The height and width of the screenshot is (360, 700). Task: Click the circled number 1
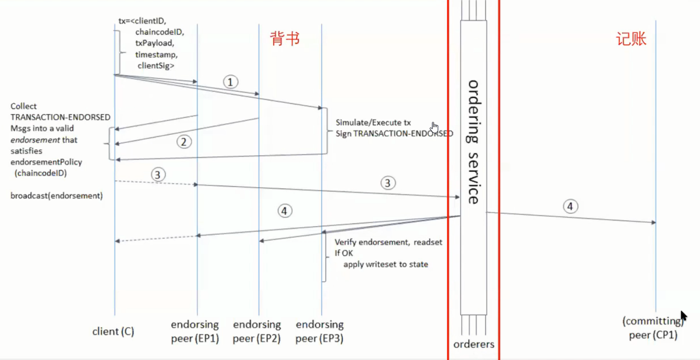[231, 82]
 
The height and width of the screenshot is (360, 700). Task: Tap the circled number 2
[184, 142]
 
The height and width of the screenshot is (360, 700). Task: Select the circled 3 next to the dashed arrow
[158, 175]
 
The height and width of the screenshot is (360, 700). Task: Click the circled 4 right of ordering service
[570, 206]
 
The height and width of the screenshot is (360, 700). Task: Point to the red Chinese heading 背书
[285, 39]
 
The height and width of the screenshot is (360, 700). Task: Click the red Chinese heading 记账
[631, 39]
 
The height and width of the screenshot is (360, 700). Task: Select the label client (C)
[113, 331]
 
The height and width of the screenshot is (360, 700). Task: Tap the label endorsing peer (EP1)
[195, 331]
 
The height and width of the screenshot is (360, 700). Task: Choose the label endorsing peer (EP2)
[257, 331]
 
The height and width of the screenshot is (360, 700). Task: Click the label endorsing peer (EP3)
[320, 331]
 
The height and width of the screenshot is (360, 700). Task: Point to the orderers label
[474, 344]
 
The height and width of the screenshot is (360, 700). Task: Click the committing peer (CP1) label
[653, 328]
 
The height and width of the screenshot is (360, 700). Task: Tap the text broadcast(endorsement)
[56, 196]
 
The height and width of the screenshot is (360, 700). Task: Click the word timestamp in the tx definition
[156, 54]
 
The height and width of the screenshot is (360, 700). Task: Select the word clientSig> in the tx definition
[156, 65]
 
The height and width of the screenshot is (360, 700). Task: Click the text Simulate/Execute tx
[373, 122]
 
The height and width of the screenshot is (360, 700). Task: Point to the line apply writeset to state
[386, 265]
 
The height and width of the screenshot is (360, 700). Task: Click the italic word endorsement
[35, 140]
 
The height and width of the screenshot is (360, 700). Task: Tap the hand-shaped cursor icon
[434, 127]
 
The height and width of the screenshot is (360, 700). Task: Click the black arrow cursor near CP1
[684, 316]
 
